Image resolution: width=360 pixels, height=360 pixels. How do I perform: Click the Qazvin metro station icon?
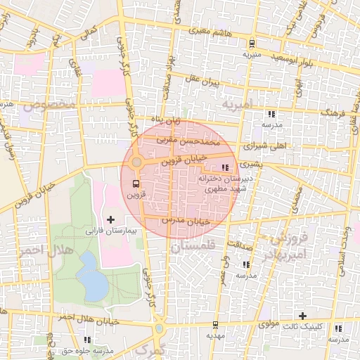[135, 184]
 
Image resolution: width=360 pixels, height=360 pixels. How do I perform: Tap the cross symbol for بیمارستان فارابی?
[110, 220]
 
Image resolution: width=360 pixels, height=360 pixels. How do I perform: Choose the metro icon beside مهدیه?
[214, 325]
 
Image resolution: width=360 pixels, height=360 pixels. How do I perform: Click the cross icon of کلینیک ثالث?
[303, 316]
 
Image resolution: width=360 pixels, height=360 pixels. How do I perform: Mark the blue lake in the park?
[90, 274]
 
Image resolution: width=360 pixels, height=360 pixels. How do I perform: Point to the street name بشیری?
[250, 163]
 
